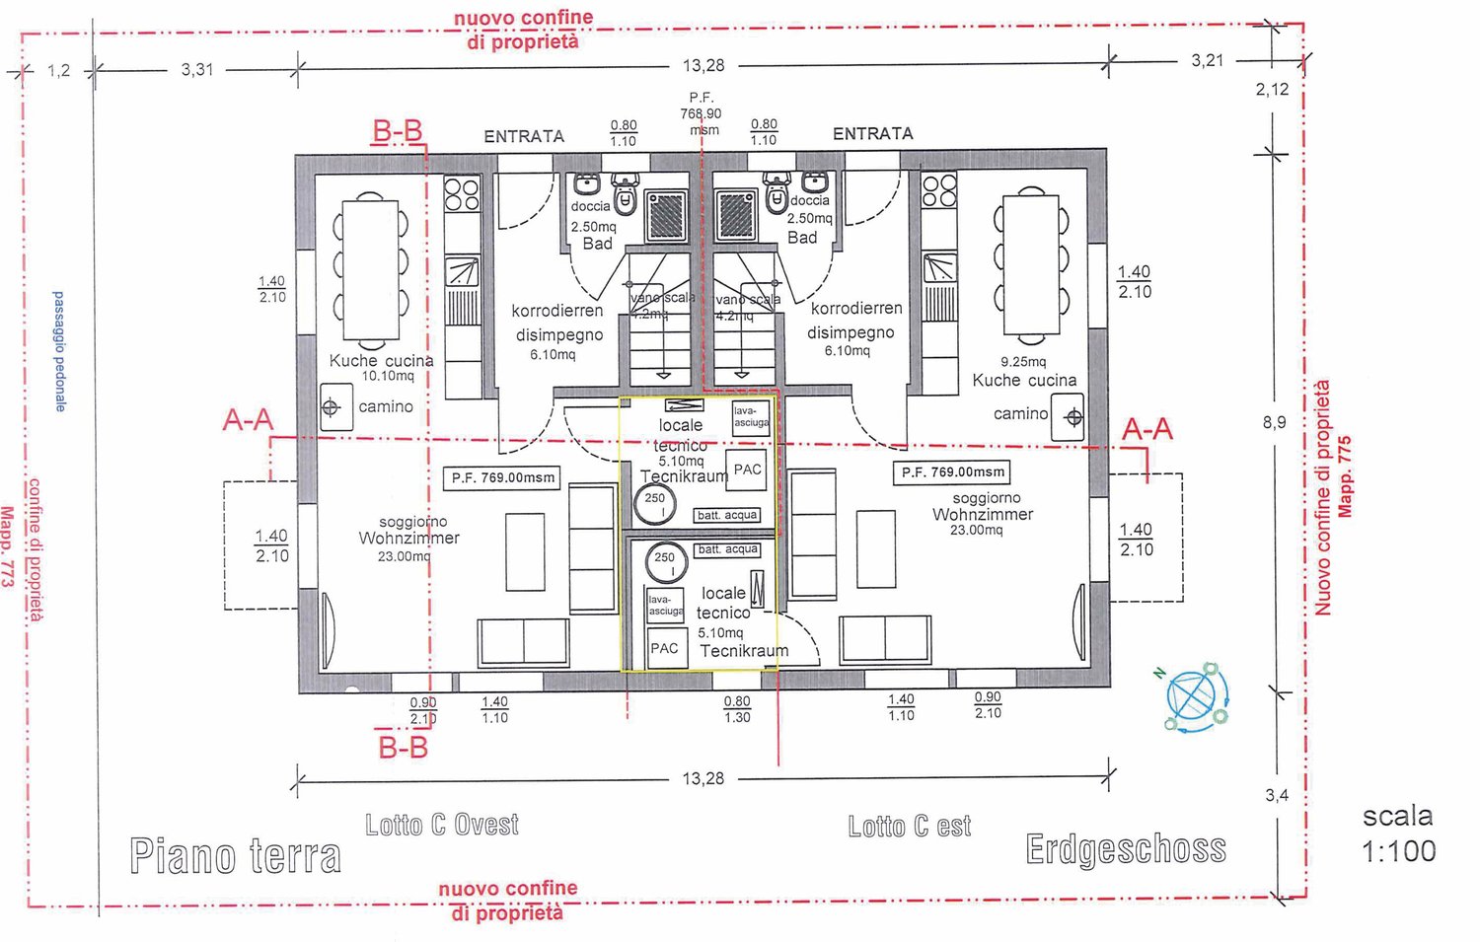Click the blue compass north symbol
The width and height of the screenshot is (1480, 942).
(x=1196, y=697)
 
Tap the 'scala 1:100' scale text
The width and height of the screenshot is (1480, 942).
(x=1398, y=833)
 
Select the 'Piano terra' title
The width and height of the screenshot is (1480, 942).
(x=235, y=855)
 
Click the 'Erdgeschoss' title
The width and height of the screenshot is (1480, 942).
(x=1126, y=848)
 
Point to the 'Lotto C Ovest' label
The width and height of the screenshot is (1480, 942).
(x=441, y=825)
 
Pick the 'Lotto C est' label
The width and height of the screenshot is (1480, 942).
(x=909, y=826)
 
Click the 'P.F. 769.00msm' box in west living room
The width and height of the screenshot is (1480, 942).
(x=503, y=477)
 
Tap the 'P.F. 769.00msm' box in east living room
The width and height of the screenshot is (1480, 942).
(x=952, y=472)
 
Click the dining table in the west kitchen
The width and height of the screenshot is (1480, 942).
(x=371, y=269)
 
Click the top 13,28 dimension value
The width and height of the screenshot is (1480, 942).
(x=703, y=65)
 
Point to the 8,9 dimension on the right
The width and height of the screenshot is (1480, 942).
(x=1274, y=422)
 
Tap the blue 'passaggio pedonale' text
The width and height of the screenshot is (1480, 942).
(x=59, y=351)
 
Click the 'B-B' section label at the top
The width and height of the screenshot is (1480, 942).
(x=397, y=131)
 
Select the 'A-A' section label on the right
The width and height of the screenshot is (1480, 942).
(x=1147, y=429)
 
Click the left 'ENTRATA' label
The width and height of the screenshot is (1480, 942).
(x=523, y=136)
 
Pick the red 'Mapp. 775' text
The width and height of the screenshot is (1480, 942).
(x=1344, y=476)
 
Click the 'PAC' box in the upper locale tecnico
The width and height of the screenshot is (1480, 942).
(x=747, y=470)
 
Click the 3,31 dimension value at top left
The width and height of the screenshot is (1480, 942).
(x=197, y=69)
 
